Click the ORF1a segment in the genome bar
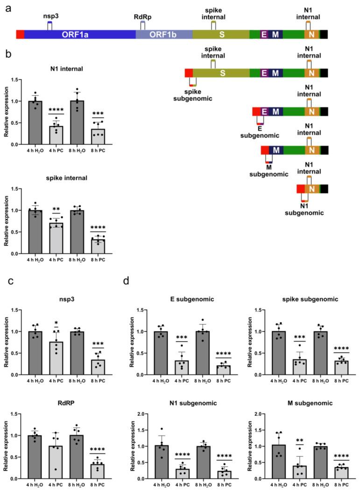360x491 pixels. (x=79, y=34)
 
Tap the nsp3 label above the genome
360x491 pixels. (x=50, y=16)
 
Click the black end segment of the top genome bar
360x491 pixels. (x=324, y=34)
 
